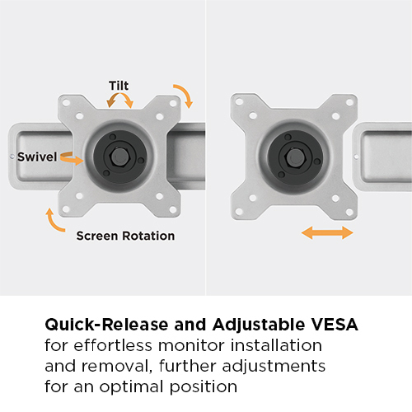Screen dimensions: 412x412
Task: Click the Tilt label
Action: (x=119, y=85)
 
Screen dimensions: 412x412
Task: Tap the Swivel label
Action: (x=37, y=157)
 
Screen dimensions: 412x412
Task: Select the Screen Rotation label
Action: (x=125, y=236)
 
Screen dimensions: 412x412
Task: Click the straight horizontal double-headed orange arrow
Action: (x=327, y=233)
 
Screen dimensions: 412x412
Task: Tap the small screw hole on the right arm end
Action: (x=356, y=155)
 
